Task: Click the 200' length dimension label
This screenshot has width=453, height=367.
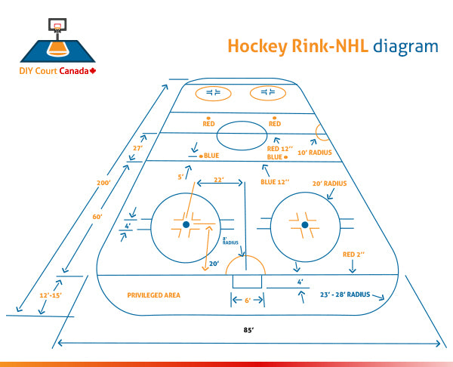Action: click(x=103, y=182)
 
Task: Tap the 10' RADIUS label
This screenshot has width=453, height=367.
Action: click(x=315, y=153)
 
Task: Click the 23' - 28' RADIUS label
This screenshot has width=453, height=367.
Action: click(x=344, y=294)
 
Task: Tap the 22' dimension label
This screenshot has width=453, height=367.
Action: click(x=219, y=179)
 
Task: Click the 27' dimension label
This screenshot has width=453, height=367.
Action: click(x=138, y=149)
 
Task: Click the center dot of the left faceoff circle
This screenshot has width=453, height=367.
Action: click(x=184, y=224)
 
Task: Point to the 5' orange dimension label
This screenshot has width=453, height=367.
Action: click(x=180, y=177)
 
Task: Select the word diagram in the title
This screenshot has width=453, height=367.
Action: click(x=405, y=46)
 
